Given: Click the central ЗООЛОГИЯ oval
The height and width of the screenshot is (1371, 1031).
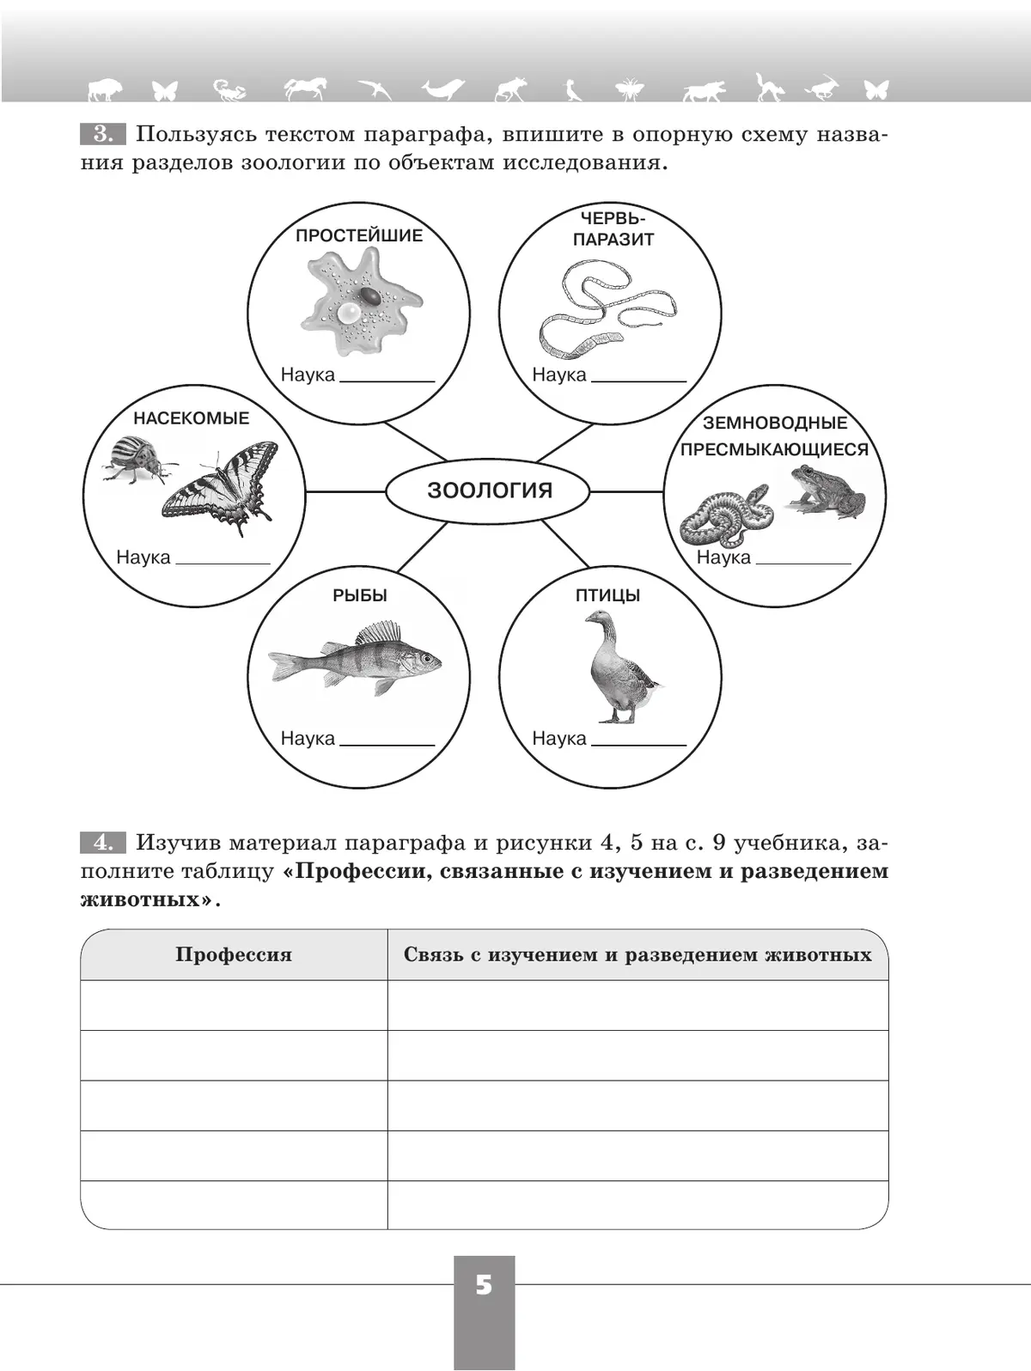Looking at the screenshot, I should click(x=488, y=491).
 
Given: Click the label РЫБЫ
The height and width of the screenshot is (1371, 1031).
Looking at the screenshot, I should click(x=360, y=595).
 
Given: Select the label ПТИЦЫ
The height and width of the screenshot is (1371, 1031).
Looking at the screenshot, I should click(x=607, y=595).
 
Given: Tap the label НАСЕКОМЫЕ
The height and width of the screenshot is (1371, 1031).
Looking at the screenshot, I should click(x=191, y=418).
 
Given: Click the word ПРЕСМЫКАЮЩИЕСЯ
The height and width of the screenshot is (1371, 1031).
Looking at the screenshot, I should click(x=774, y=449).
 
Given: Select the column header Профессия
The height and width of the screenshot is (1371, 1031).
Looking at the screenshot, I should click(x=233, y=954).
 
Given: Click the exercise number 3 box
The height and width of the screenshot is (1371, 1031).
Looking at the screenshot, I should click(x=103, y=134).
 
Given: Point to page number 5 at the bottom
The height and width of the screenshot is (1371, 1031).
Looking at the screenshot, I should click(x=484, y=1286).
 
